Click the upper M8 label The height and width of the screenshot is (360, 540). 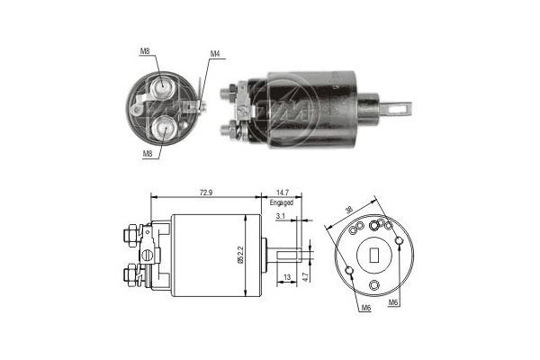coord(145,52)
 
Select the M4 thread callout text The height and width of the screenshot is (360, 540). coord(215,54)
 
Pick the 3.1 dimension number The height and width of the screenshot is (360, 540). coord(282,216)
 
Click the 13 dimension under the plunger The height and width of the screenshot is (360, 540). coord(287,277)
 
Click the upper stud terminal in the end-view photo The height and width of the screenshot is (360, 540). coord(164,85)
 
